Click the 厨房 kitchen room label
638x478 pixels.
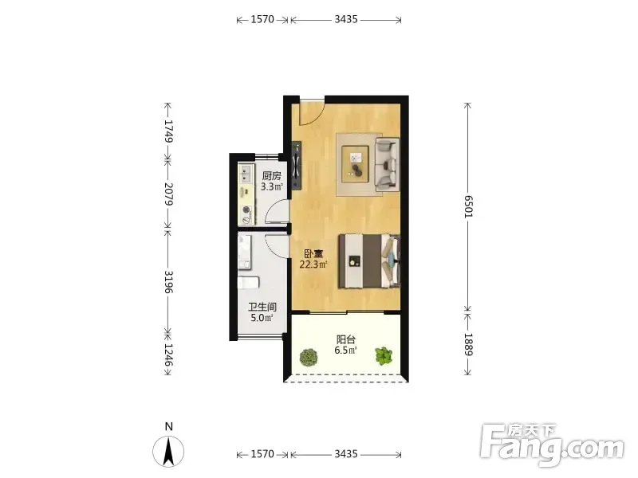(x=271, y=176)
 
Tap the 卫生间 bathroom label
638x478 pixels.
(x=262, y=307)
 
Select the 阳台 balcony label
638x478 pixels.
(x=346, y=339)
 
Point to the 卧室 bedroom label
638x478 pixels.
(x=313, y=254)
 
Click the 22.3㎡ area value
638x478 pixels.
(x=313, y=264)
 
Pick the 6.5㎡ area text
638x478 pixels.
(x=346, y=350)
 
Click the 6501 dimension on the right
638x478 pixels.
(x=468, y=206)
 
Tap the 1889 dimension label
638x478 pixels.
(x=468, y=345)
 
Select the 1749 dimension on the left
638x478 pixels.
(x=168, y=131)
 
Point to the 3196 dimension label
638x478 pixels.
(x=168, y=282)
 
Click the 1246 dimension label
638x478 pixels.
(x=168, y=355)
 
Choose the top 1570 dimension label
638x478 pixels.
(x=262, y=19)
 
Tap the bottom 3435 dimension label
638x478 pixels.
(x=346, y=453)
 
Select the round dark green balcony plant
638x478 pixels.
(x=309, y=357)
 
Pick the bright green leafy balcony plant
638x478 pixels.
(x=384, y=355)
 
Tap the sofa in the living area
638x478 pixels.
(x=387, y=164)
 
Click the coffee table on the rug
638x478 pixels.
(x=355, y=163)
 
